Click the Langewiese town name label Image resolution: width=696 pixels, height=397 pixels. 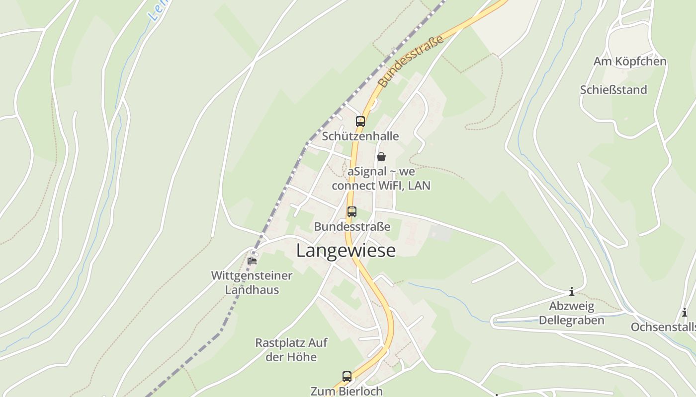pos(346,251)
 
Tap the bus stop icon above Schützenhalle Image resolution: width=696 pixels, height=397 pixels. pos(360,122)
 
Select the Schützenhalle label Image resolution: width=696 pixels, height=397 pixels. pos(360,136)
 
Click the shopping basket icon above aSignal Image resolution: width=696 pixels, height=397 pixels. pos(381,157)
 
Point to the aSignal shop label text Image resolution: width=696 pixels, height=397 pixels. pos(381,179)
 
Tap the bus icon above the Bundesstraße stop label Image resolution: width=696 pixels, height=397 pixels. pos(352,212)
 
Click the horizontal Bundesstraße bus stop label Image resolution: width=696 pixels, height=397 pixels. pos(352,227)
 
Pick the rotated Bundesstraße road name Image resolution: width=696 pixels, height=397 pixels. pos(411,62)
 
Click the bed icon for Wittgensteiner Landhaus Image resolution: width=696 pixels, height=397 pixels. pos(253,261)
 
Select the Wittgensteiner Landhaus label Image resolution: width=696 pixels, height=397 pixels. pos(252,282)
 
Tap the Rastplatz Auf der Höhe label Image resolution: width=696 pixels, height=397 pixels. pos(291,349)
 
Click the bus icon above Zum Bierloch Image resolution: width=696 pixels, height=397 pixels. pos(347,377)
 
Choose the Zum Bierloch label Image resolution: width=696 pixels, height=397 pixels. pos(347,391)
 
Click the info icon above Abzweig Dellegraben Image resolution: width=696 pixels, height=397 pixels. pos(572,291)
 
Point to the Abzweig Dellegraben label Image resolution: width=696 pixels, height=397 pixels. pos(572,313)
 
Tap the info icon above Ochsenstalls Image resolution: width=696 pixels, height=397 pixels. pos(685,313)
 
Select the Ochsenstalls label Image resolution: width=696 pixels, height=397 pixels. pos(663,327)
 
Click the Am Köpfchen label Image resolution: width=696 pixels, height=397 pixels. pos(630,62)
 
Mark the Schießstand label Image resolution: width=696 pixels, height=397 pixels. pos(613,90)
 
